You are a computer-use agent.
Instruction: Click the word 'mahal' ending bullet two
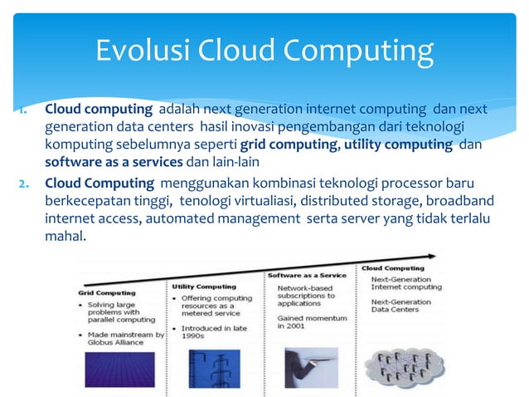pyautogui.click(x=64, y=236)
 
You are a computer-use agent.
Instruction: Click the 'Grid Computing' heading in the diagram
pyautogui.click(x=107, y=292)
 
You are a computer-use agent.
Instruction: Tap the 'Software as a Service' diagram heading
pyautogui.click(x=307, y=275)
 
